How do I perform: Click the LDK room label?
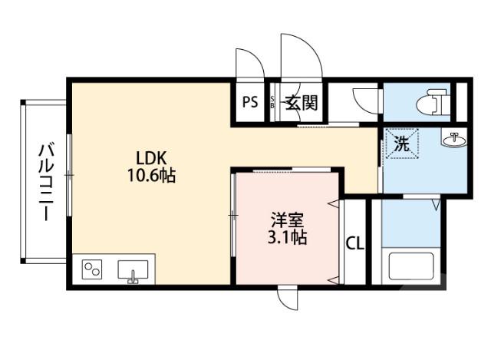pos(150,158)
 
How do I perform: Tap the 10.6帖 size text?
pos(151,176)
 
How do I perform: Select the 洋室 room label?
pos(287,220)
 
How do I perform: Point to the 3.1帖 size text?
pos(287,237)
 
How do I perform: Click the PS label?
pos(250,102)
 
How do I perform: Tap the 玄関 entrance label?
pos(302,102)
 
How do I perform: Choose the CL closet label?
pos(355,243)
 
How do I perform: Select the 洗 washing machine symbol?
pos(402,144)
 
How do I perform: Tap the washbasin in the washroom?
pos(453,140)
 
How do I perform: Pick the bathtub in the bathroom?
pos(411,266)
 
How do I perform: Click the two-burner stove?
pos(92,269)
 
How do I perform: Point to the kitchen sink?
pos(133,270)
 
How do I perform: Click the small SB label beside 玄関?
pos(272,102)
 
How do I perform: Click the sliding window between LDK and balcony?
pos(69,174)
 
